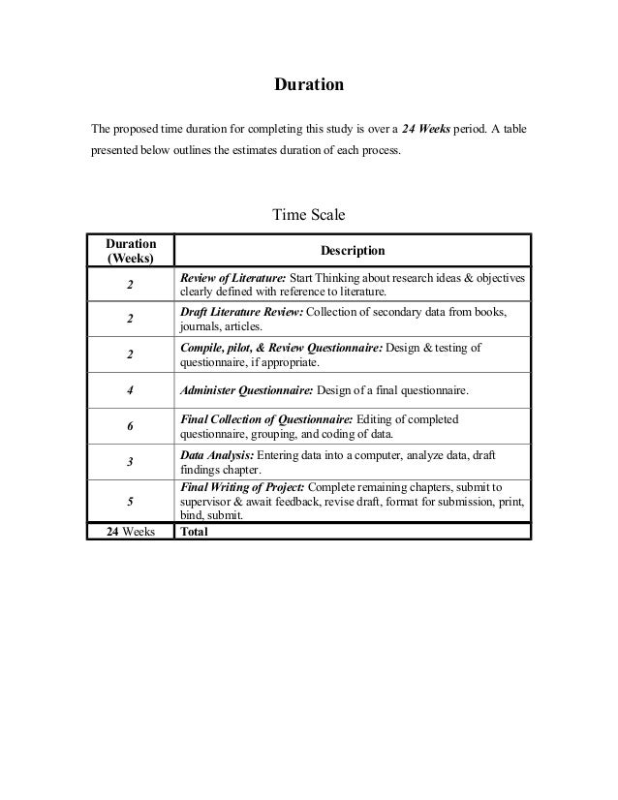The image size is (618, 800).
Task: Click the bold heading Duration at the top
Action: (x=309, y=86)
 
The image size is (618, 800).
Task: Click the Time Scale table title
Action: (x=309, y=212)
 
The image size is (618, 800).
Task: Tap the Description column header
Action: (x=354, y=251)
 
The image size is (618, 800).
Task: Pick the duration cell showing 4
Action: (x=129, y=391)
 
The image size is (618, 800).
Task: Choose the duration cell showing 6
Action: (x=129, y=427)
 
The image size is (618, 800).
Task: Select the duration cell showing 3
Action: (x=129, y=463)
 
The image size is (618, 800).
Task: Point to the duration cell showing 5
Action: (x=129, y=502)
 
